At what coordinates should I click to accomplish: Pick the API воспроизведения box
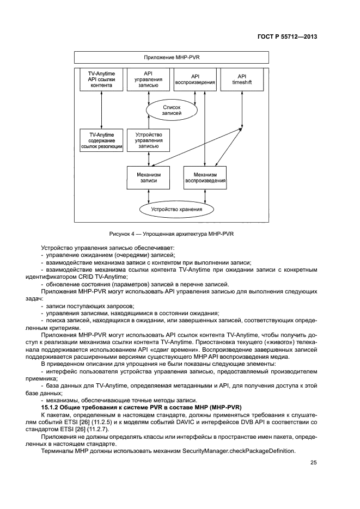(x=195, y=79)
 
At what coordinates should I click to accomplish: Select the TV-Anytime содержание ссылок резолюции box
(x=101, y=140)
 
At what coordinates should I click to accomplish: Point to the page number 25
(x=313, y=463)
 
